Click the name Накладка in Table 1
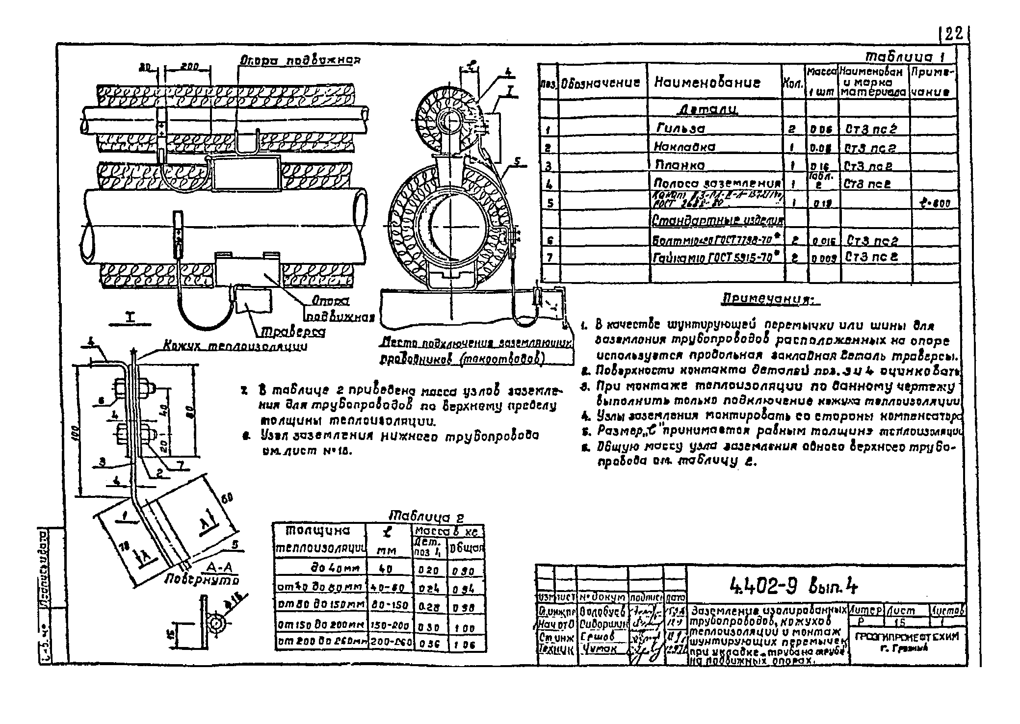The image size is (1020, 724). tap(684, 147)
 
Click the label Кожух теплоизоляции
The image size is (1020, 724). tap(235, 347)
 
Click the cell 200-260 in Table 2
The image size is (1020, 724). tap(391, 643)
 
